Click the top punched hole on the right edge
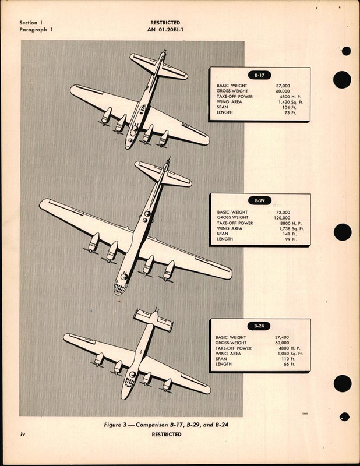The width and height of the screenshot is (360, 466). (x=343, y=80)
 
